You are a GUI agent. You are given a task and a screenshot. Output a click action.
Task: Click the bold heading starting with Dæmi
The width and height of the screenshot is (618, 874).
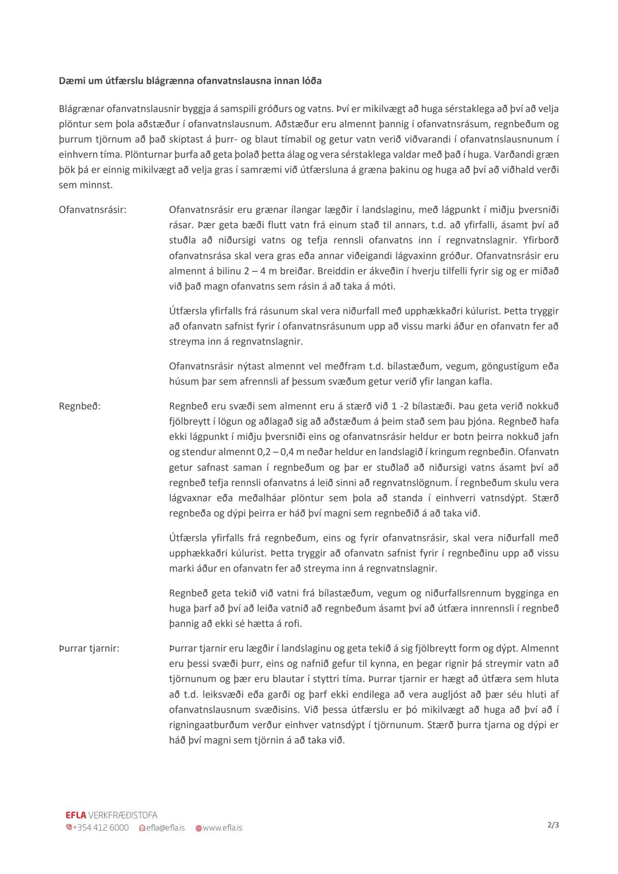(x=190, y=81)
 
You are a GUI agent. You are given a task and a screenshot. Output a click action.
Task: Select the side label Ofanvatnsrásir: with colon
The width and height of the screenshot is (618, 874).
(x=93, y=210)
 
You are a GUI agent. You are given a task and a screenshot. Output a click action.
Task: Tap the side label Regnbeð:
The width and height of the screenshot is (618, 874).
(x=80, y=406)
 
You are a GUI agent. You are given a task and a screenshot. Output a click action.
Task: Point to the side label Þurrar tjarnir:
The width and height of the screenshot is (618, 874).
(x=89, y=648)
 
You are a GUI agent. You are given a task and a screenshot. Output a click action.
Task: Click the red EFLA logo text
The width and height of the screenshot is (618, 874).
(x=76, y=815)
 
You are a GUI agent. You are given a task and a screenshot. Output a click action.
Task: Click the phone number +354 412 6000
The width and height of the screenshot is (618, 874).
(x=101, y=827)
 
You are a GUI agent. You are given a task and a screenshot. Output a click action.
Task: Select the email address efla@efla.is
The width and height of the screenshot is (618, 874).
(x=165, y=827)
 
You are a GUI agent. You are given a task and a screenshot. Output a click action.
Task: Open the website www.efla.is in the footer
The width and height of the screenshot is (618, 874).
(x=222, y=827)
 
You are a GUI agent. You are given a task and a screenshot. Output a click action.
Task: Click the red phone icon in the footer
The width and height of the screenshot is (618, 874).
(x=69, y=827)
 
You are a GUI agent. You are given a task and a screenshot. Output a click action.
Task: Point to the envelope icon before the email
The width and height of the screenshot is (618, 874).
(x=142, y=828)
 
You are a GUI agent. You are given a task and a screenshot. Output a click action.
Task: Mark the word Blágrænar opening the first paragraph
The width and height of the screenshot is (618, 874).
(x=82, y=109)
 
